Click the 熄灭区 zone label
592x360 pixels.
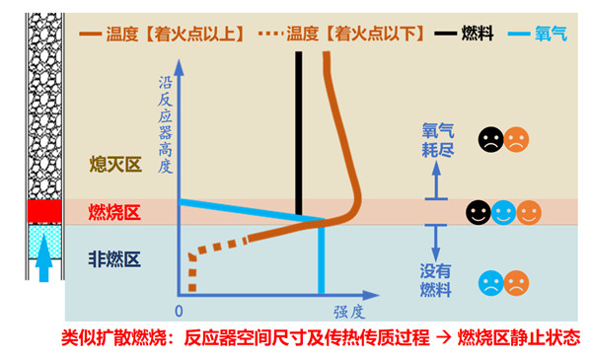click(x=115, y=165)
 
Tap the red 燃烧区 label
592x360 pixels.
click(x=115, y=212)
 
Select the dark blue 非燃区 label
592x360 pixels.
click(x=115, y=259)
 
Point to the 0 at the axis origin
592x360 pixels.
click(x=178, y=309)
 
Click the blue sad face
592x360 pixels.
click(x=489, y=286)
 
